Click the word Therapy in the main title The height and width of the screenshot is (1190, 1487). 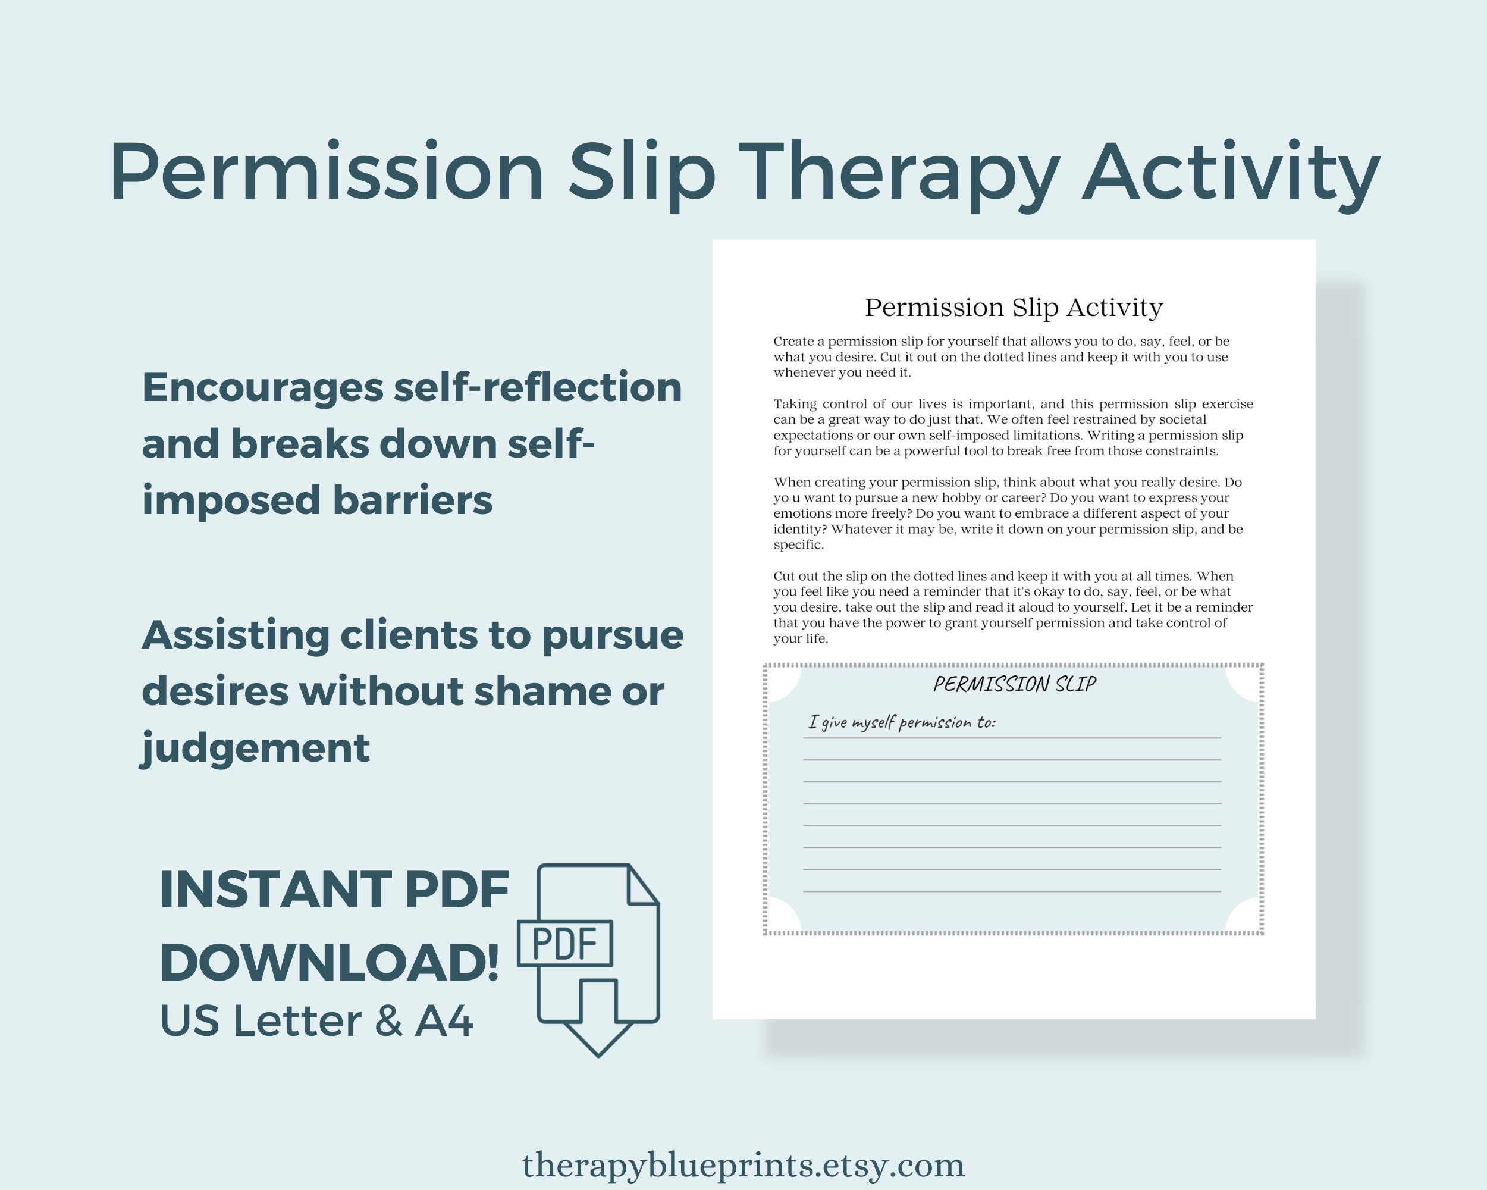tap(903, 173)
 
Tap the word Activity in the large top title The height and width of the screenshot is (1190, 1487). tap(1231, 173)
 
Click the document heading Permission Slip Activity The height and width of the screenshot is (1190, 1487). tap(1014, 307)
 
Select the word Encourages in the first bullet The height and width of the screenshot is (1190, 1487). tap(262, 388)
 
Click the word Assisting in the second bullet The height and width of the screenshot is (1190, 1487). tap(235, 635)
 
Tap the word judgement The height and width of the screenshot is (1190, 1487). tap(255, 748)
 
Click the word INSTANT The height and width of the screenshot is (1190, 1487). tap(275, 890)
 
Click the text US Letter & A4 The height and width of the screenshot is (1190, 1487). tap(316, 1021)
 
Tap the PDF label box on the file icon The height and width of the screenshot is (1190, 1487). tap(565, 943)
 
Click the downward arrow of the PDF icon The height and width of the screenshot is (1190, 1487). tap(598, 1028)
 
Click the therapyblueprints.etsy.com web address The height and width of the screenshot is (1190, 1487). tap(743, 1165)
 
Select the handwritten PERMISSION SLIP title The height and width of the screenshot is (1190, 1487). tap(1015, 684)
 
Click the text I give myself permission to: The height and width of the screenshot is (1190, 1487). tap(902, 722)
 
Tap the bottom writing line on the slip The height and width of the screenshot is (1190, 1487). tap(1012, 891)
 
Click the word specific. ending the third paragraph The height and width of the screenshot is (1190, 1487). tap(799, 545)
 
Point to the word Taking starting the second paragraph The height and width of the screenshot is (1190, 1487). tap(795, 403)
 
